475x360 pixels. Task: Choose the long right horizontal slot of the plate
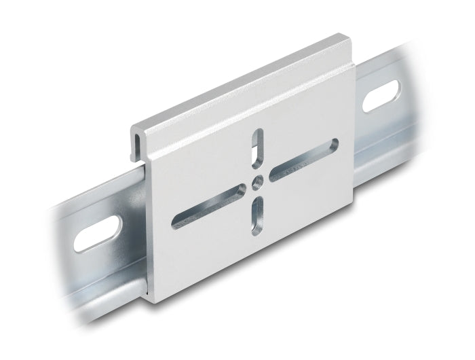[303, 160]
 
